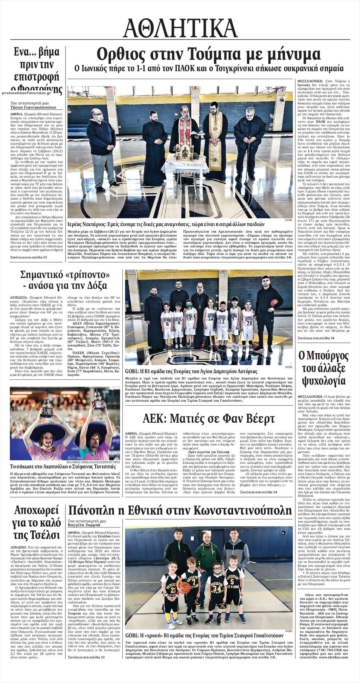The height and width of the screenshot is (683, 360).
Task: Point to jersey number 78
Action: (x=248, y=322)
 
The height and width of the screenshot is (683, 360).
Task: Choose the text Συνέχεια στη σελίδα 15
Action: (x=29, y=257)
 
